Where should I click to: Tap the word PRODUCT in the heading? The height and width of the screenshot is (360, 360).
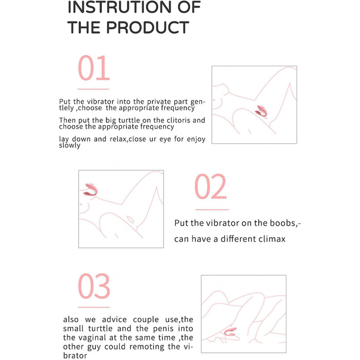pyautogui.click(x=148, y=27)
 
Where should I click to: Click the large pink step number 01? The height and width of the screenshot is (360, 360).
pyautogui.click(x=94, y=68)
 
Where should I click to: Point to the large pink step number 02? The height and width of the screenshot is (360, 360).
pyautogui.click(x=210, y=186)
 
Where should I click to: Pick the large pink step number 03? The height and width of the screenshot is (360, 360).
pyautogui.click(x=94, y=286)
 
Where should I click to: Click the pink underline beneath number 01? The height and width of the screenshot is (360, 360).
pyautogui.click(x=93, y=89)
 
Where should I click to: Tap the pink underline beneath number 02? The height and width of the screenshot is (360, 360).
pyautogui.click(x=212, y=210)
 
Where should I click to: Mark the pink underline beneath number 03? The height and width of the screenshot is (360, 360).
pyautogui.click(x=94, y=307)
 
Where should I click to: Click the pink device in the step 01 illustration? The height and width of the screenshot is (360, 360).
pyautogui.click(x=261, y=111)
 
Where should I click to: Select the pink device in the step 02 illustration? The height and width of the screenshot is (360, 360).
pyautogui.click(x=91, y=189)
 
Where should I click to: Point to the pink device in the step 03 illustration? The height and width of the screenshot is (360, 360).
pyautogui.click(x=231, y=332)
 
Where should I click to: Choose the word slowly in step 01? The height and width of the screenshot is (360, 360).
pyautogui.click(x=69, y=146)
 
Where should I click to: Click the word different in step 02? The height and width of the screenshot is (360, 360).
pyautogui.click(x=238, y=239)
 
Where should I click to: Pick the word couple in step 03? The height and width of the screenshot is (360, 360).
pyautogui.click(x=146, y=319)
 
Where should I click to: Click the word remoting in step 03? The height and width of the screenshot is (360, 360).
pyautogui.click(x=149, y=347)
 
